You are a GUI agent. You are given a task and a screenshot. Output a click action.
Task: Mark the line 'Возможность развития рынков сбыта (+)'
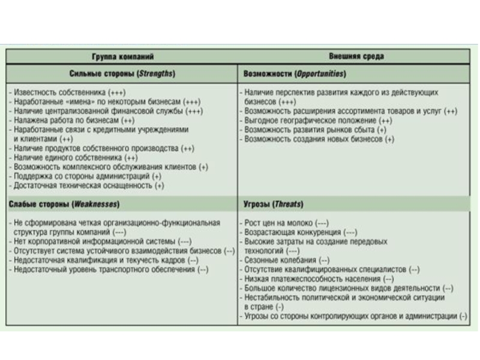pos(316,130)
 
